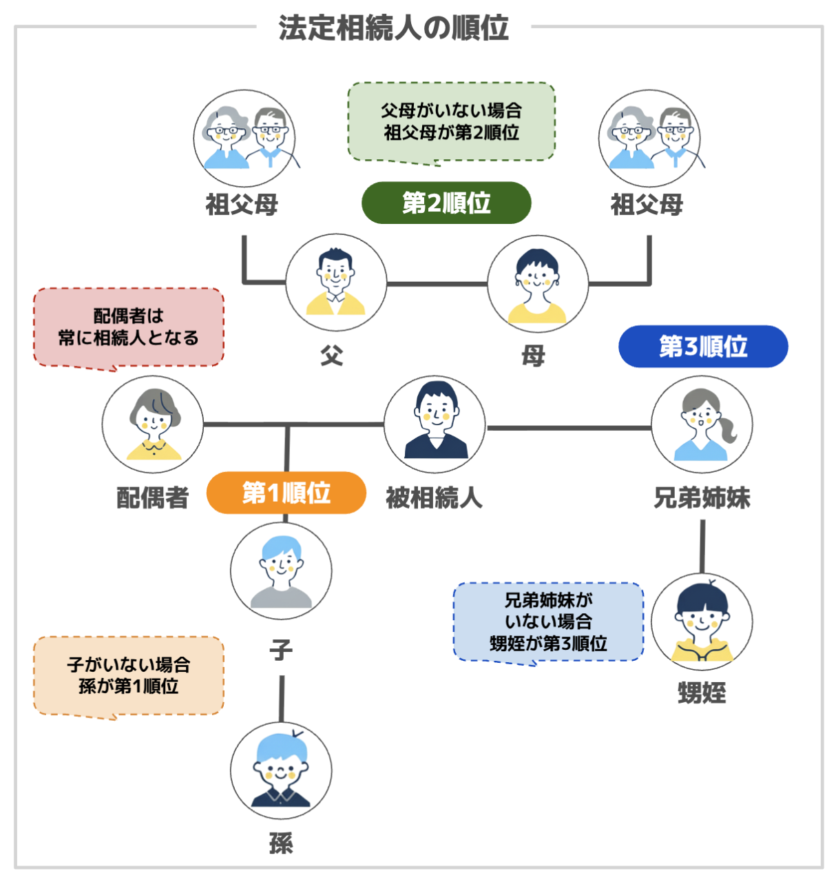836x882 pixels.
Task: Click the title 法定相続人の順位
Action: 393,29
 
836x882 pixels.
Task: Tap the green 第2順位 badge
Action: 446,203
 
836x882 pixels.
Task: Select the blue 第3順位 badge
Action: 703,347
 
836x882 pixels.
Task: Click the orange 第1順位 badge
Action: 286,493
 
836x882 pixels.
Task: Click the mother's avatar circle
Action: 538,284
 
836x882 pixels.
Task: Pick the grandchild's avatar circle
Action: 281,770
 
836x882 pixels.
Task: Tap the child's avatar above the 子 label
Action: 281,571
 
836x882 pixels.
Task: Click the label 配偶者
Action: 152,498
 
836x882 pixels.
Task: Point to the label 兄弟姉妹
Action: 702,498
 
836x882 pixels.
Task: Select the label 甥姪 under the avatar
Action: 702,693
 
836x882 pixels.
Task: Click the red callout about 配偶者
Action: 129,327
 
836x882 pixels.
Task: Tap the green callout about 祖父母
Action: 451,122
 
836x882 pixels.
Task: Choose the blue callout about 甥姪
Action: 548,622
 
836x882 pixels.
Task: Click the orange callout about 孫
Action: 129,675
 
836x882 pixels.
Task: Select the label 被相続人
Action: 434,498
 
